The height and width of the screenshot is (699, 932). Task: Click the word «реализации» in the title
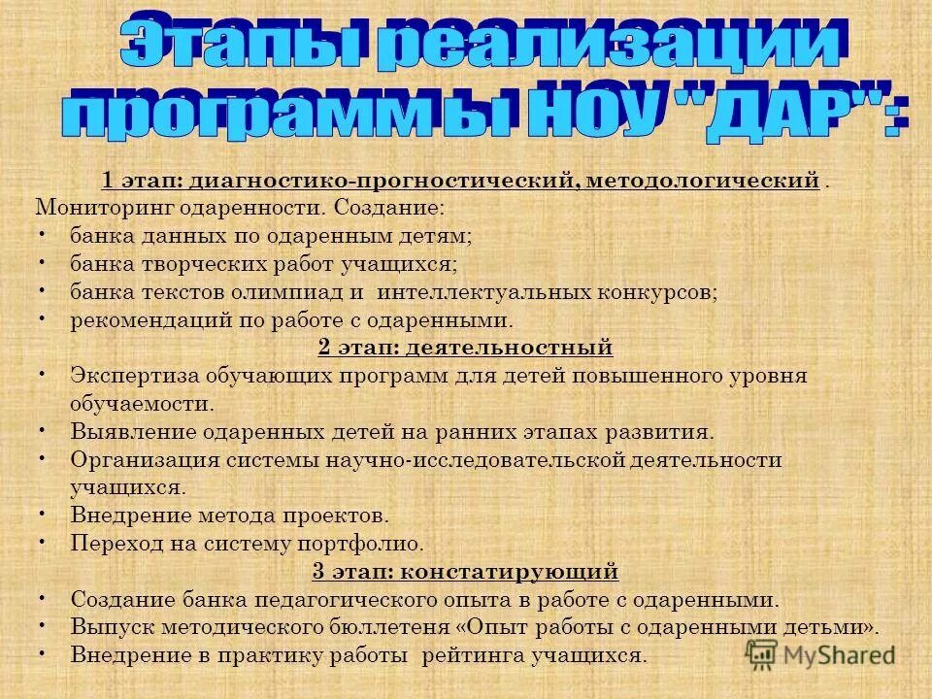pyautogui.click(x=607, y=47)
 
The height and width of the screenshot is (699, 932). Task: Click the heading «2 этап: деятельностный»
pyautogui.click(x=465, y=347)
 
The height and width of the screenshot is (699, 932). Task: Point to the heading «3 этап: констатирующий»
pyautogui.click(x=465, y=570)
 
